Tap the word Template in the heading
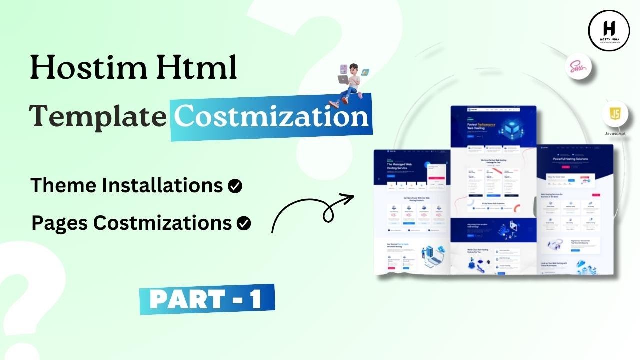tap(98, 117)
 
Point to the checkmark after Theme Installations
tap(235, 186)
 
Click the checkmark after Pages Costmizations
tap(244, 224)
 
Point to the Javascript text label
tap(615, 134)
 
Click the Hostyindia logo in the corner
tap(608, 31)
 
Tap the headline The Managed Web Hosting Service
tap(405, 167)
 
